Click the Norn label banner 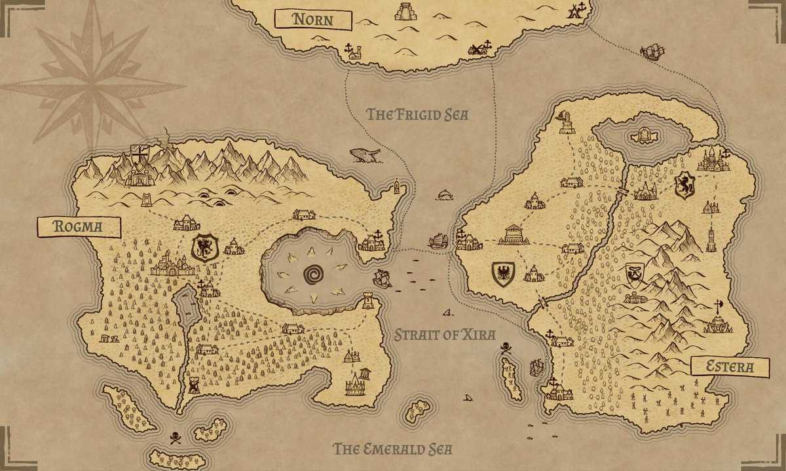tap(312, 19)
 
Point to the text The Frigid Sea tap(417, 114)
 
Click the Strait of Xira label tap(444, 335)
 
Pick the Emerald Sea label tap(393, 449)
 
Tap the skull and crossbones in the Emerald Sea tap(175, 438)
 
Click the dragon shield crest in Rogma tap(204, 247)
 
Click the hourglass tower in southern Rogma tap(194, 385)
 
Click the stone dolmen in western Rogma tap(109, 338)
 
